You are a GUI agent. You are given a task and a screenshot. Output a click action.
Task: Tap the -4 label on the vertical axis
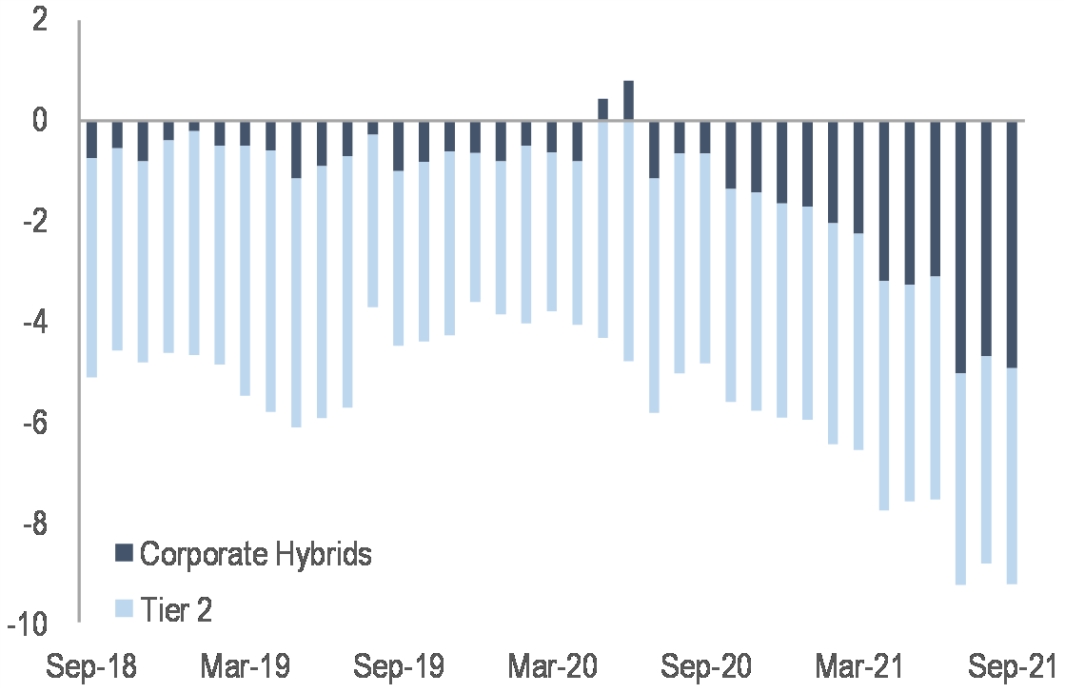[33, 324]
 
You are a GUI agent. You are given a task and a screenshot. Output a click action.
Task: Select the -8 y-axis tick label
[33, 525]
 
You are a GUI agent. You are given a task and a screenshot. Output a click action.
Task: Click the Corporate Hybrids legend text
[255, 554]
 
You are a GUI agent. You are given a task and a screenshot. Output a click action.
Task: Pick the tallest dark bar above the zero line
[628, 101]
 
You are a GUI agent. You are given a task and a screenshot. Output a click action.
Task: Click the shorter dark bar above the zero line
[602, 109]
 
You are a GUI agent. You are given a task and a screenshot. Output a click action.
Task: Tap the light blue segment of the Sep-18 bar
[91, 267]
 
